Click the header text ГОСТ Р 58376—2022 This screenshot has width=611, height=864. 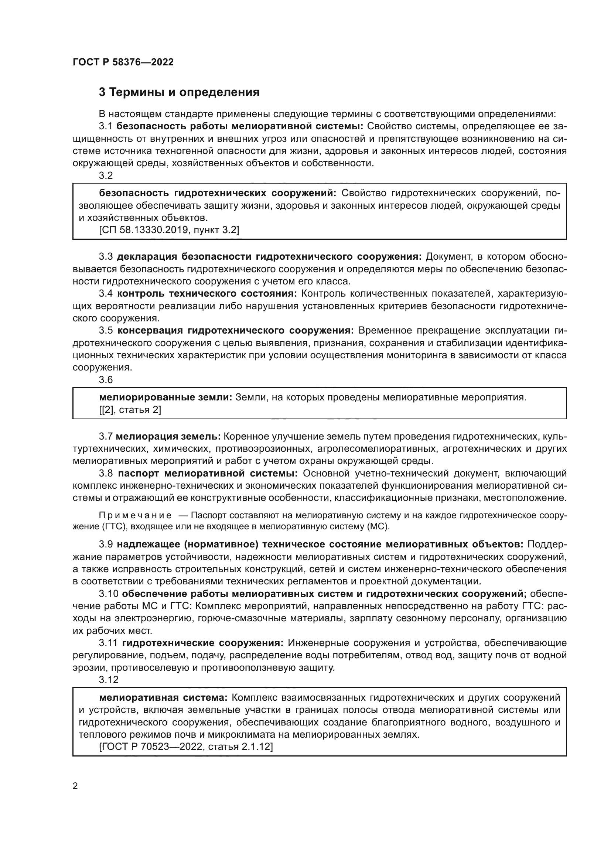click(x=123, y=62)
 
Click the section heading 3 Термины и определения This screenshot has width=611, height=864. click(x=179, y=92)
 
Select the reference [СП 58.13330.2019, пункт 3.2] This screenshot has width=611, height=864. click(x=169, y=230)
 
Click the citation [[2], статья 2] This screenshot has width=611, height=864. click(x=130, y=410)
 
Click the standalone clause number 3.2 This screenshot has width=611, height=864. click(x=106, y=176)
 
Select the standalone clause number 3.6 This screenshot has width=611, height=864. click(x=106, y=380)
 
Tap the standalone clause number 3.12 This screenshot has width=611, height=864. click(x=109, y=680)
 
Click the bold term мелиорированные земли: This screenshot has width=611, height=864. click(x=165, y=397)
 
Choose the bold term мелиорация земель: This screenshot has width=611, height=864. click(x=168, y=437)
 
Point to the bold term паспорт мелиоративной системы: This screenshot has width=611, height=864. click(x=208, y=474)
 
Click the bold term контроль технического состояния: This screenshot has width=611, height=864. click(x=207, y=294)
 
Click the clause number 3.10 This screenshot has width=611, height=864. click(x=109, y=594)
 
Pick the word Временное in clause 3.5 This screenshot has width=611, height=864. click(x=381, y=330)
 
